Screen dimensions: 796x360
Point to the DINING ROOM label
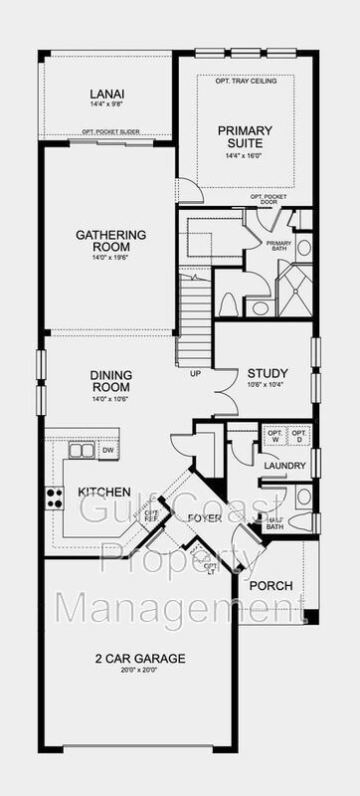[112, 381]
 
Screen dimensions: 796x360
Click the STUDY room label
[268, 374]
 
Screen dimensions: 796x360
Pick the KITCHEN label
[104, 493]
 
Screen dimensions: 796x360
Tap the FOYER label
[204, 517]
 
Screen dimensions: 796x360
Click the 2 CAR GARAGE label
[139, 659]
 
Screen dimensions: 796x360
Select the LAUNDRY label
[284, 465]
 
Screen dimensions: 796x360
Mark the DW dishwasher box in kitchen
[107, 451]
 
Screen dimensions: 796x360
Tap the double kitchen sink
[82, 451]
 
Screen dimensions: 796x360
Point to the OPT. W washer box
[273, 437]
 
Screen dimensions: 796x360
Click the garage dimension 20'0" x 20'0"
[139, 671]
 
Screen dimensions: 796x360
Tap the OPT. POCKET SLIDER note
[107, 131]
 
